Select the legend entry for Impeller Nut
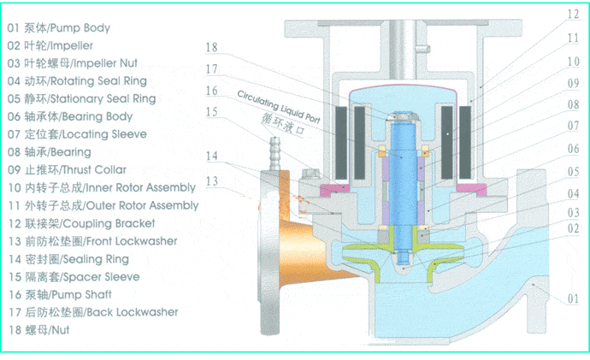tap(72, 63)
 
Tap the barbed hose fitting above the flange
tap(275, 150)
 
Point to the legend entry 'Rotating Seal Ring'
tap(78, 81)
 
